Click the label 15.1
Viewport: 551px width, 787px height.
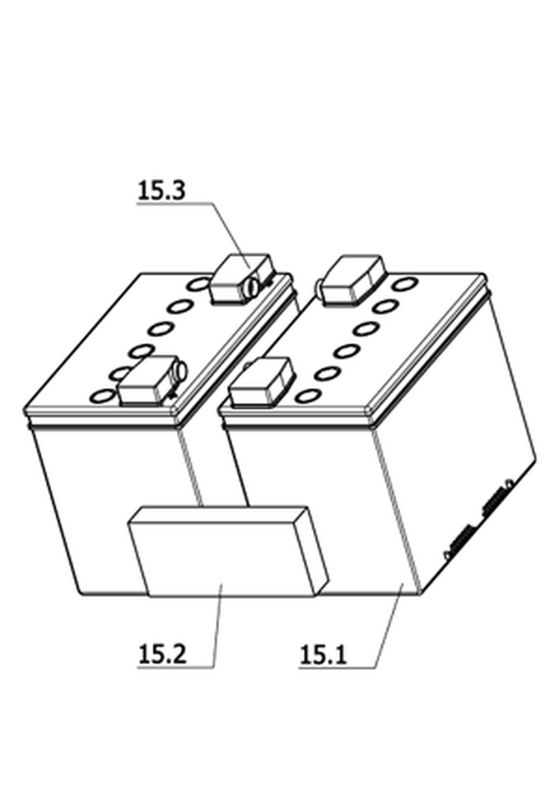(x=323, y=654)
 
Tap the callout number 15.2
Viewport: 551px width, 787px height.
(x=162, y=654)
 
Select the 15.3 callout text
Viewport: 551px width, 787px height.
(x=162, y=191)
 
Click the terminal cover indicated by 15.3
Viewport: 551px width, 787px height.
(x=242, y=279)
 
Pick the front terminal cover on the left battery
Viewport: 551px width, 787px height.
(x=148, y=381)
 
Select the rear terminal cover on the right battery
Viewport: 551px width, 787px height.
(x=351, y=280)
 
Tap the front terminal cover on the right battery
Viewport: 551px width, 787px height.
(x=261, y=382)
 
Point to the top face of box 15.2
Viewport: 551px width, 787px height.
(x=219, y=515)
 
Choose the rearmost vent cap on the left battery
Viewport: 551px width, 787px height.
(x=199, y=284)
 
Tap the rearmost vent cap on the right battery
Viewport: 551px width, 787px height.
(x=404, y=283)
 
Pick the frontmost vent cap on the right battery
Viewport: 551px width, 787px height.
(x=306, y=396)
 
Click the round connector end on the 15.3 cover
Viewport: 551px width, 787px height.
(x=252, y=287)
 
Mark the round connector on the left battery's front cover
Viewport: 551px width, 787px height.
(x=180, y=370)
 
